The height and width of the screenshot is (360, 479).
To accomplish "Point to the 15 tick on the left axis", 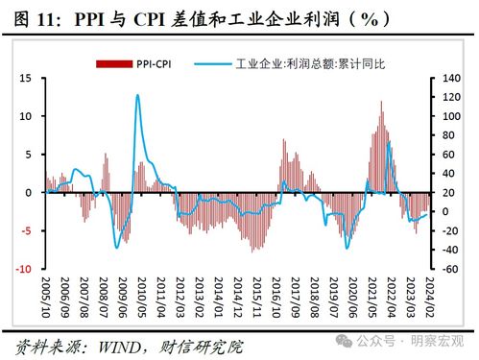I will (30, 78).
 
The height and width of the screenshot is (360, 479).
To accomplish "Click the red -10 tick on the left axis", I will (28, 269).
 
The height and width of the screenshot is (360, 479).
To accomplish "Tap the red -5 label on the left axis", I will (31, 230).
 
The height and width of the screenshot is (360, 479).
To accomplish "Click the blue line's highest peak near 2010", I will (137, 95).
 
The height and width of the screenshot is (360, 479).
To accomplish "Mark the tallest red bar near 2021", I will (381, 102).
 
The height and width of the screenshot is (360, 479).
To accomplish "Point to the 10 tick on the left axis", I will (30, 116).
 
